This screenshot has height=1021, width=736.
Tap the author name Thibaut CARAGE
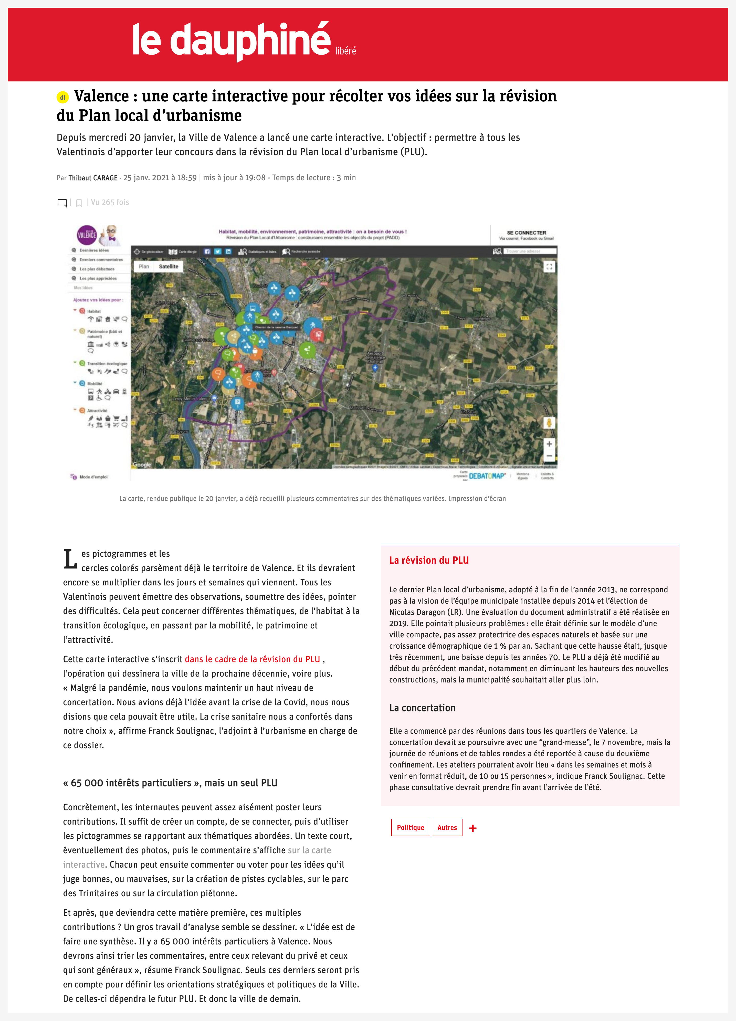[x=93, y=178]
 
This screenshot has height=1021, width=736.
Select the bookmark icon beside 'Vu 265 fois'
[x=79, y=203]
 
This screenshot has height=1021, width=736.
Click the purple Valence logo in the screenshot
[x=87, y=235]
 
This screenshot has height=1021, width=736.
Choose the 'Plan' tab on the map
[x=144, y=267]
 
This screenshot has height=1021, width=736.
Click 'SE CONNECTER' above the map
[x=526, y=233]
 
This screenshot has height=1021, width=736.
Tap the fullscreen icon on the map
[x=549, y=267]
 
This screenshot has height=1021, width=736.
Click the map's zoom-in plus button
[x=549, y=444]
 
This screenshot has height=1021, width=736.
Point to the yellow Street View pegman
[x=549, y=423]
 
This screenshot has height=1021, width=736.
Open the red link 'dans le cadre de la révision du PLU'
[x=252, y=659]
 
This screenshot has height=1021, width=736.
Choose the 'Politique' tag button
[x=410, y=827]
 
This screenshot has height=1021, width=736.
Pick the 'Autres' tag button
[x=447, y=827]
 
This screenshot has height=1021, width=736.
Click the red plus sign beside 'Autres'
[x=473, y=828]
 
